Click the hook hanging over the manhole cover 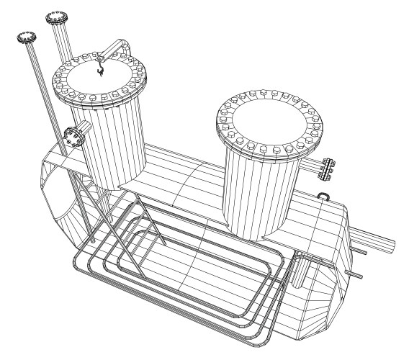[x=99, y=71]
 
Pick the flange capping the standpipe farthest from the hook [x=27, y=35]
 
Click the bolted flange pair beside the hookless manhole [x=328, y=168]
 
